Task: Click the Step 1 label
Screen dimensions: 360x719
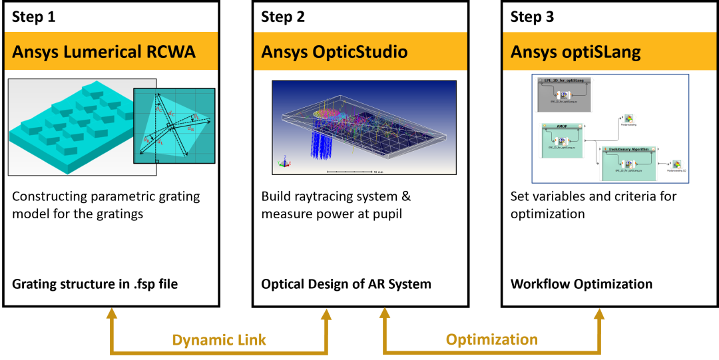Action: (34, 17)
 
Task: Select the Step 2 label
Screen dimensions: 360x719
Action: (283, 17)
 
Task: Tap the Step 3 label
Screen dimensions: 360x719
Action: (532, 17)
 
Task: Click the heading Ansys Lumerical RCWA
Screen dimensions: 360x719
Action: (104, 52)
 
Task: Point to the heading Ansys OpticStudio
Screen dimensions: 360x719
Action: (334, 52)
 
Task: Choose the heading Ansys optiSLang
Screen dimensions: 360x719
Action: (575, 52)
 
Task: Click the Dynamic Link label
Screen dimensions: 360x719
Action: (219, 340)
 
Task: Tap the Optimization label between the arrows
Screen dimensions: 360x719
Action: (492, 340)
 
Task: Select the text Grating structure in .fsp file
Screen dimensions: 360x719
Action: (95, 284)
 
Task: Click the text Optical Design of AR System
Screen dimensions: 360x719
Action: (346, 284)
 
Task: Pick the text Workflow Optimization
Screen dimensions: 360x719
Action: (581, 284)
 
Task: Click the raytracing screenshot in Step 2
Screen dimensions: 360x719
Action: (364, 127)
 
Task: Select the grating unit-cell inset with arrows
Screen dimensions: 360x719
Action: (174, 126)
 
